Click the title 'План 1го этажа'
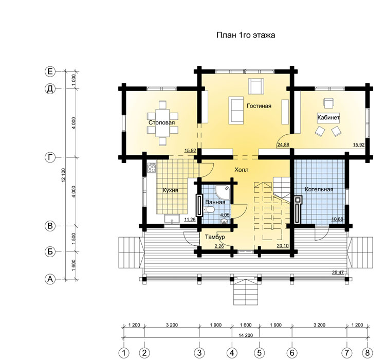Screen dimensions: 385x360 pyautogui.click(x=246, y=35)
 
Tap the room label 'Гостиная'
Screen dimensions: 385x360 pyautogui.click(x=259, y=106)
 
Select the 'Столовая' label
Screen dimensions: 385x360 pyautogui.click(x=161, y=122)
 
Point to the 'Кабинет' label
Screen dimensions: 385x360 pyautogui.click(x=328, y=117)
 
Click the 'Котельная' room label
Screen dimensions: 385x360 pyautogui.click(x=319, y=189)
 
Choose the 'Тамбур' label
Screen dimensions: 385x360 pyautogui.click(x=215, y=237)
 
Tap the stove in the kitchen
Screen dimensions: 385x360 pyautogui.click(x=152, y=168)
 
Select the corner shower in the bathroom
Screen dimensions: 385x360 pyautogui.click(x=223, y=192)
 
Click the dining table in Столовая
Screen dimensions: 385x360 pyautogui.click(x=162, y=123)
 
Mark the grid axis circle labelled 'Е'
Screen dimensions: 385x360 pyautogui.click(x=50, y=71)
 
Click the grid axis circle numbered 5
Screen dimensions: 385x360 pyautogui.click(x=259, y=353)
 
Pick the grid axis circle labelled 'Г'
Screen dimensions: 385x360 pyautogui.click(x=50, y=157)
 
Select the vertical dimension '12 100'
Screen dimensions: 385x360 pyautogui.click(x=64, y=175)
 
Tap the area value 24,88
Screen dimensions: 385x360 pyautogui.click(x=283, y=145)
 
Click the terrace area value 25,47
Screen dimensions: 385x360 pyautogui.click(x=338, y=272)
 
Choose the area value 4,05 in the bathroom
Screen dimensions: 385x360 pyautogui.click(x=225, y=215)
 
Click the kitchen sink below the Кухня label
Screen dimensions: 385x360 pyautogui.click(x=172, y=219)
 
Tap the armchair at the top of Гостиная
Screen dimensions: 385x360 pyautogui.click(x=256, y=86)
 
